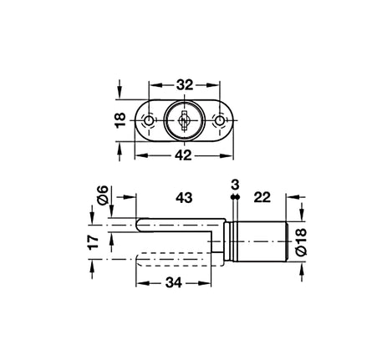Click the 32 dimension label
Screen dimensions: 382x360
pos(184,85)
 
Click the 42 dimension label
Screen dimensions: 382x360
pos(184,155)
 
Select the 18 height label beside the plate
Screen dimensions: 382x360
pos(120,120)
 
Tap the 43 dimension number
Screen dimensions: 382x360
pos(184,198)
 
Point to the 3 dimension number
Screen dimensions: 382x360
pos(235,185)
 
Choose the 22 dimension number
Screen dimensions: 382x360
pos(262,197)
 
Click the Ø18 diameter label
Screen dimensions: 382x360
pos(301,241)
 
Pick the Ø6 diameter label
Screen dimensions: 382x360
pos(103,195)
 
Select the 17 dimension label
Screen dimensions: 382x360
pos(93,242)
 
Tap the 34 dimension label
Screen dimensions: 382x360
pos(174,283)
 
